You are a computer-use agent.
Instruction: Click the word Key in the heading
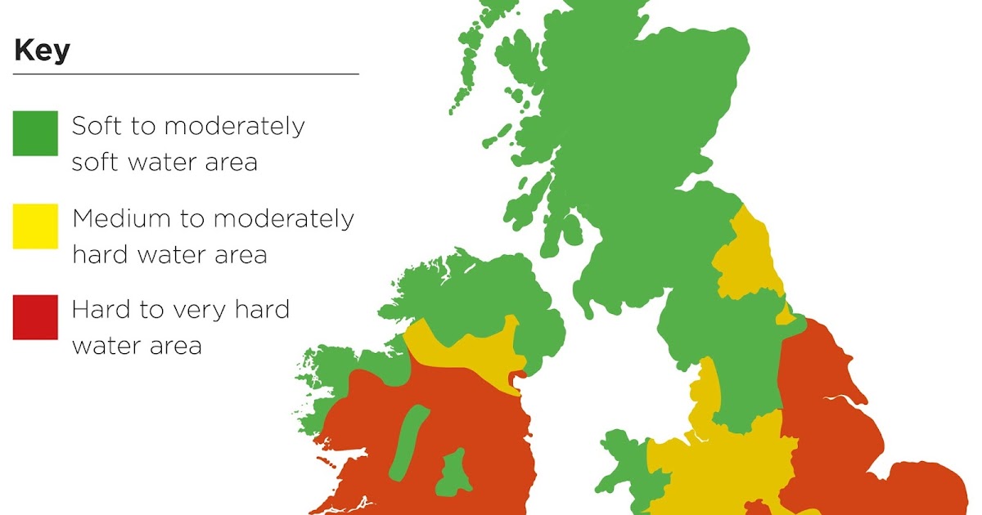(x=42, y=51)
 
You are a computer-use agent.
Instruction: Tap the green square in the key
(x=35, y=133)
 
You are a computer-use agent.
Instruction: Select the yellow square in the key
(x=35, y=226)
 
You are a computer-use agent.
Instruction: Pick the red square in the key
(x=35, y=317)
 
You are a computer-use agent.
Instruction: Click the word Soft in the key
(x=93, y=127)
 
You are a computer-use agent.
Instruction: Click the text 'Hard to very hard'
(x=180, y=311)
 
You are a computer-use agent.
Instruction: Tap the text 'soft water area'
(x=164, y=162)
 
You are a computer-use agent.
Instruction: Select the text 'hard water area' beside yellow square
(x=169, y=255)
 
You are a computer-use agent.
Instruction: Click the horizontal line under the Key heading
(x=186, y=74)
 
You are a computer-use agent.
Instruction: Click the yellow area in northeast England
(x=747, y=257)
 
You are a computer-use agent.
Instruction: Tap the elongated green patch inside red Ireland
(x=408, y=441)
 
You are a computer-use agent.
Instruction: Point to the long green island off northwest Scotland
(x=471, y=57)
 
